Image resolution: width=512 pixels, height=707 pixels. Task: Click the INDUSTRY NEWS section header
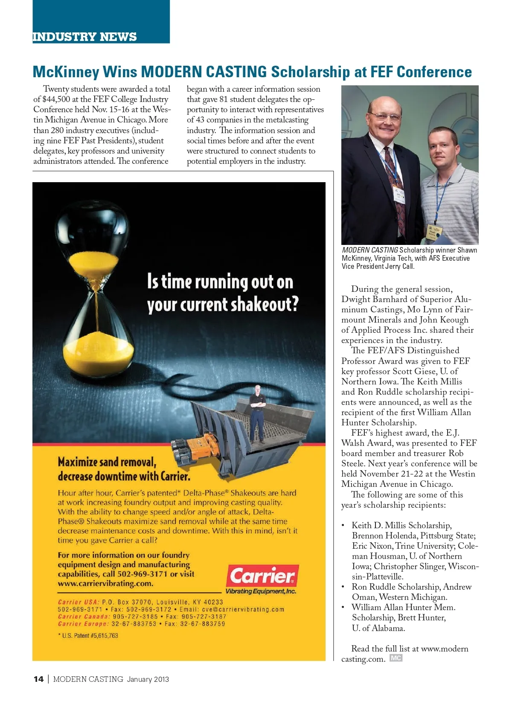coord(84,37)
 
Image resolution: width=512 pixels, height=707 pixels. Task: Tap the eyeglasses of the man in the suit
coord(385,116)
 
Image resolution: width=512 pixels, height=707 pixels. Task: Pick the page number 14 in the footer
coord(38,679)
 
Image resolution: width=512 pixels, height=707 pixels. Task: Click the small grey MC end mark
coord(396,658)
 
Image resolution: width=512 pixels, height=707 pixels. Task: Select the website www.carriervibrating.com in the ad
coord(105,583)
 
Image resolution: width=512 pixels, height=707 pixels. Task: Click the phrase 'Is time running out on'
coord(220,282)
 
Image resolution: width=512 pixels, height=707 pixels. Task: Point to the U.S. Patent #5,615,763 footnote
coord(88,635)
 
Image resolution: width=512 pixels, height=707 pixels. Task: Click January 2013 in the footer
coord(148,679)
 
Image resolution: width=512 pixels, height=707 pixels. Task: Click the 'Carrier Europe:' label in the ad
coord(84,624)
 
